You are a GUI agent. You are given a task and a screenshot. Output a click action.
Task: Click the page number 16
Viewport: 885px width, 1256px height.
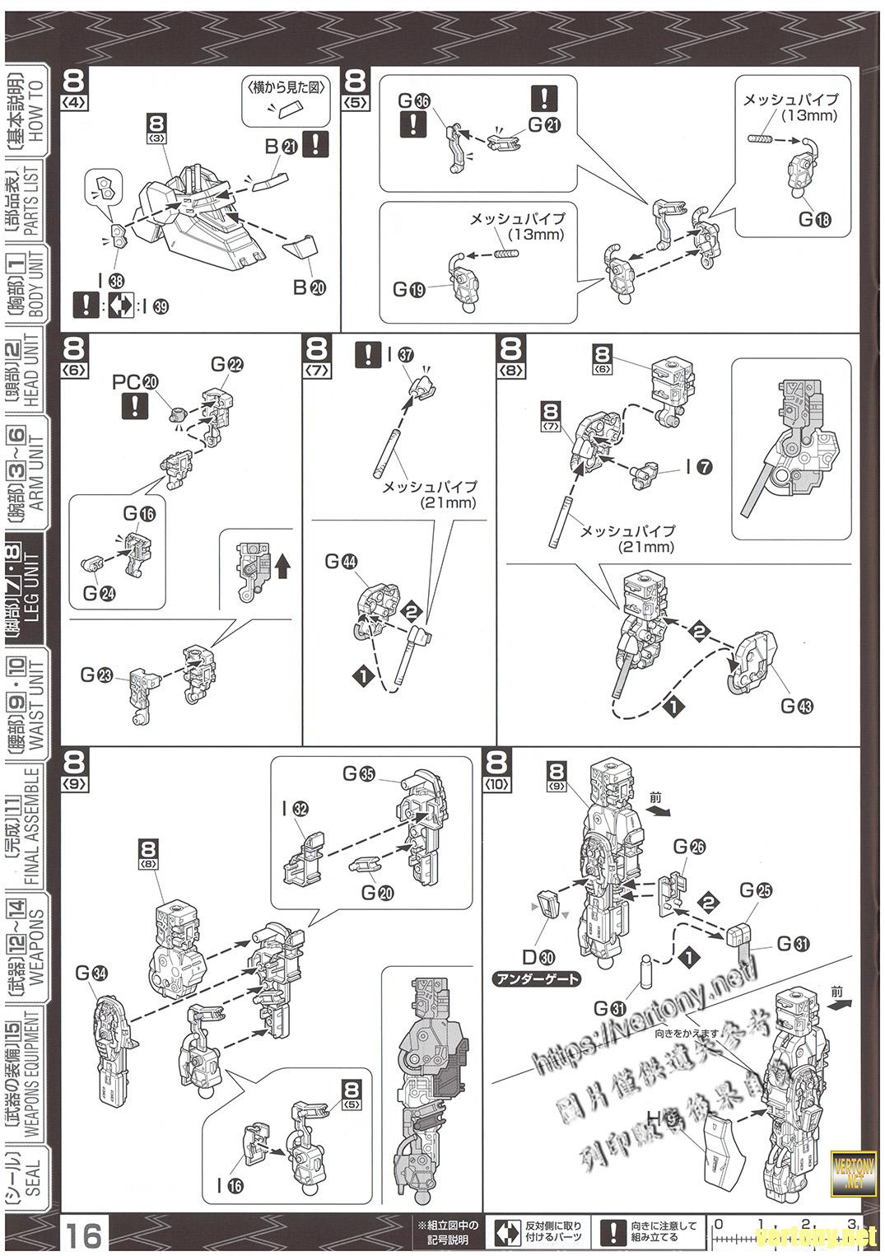tap(84, 1235)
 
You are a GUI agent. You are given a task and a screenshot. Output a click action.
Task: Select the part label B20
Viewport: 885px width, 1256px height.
tap(309, 287)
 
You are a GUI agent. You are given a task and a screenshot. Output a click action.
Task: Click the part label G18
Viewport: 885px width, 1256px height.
tap(814, 220)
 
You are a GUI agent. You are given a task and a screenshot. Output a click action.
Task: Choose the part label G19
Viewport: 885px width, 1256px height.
tap(409, 289)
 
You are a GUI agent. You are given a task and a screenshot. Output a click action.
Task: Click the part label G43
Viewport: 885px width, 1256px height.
tap(796, 706)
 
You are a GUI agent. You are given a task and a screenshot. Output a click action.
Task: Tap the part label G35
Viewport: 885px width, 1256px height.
tap(359, 774)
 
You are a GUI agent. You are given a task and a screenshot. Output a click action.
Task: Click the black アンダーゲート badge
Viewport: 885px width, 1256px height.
tap(537, 979)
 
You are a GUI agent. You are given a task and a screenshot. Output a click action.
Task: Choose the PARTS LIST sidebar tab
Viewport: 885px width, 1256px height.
tap(32, 200)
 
